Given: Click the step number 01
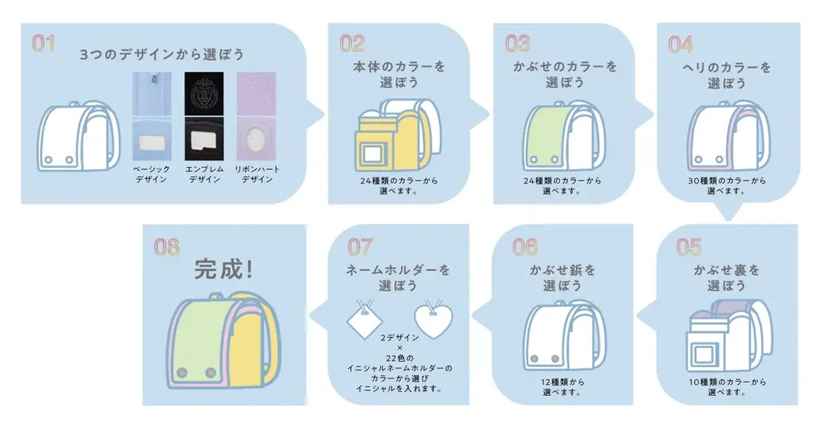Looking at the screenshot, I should (x=43, y=42).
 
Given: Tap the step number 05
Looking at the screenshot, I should (x=688, y=246).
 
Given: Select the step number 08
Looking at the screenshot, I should (x=167, y=247).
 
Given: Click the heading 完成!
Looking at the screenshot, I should (x=225, y=269).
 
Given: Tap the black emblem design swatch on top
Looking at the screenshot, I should (x=205, y=92).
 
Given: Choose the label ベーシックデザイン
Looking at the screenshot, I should (x=152, y=174).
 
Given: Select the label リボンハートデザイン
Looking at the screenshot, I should (x=255, y=174).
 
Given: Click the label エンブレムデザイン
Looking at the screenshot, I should (x=205, y=174).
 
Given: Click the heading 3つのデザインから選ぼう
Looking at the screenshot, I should (x=162, y=56).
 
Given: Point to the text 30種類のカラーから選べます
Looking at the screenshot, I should (x=727, y=186).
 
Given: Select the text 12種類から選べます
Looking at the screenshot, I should (x=562, y=387).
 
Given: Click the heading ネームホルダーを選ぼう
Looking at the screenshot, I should (x=399, y=277).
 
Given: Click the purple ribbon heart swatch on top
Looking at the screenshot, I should (x=256, y=92).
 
